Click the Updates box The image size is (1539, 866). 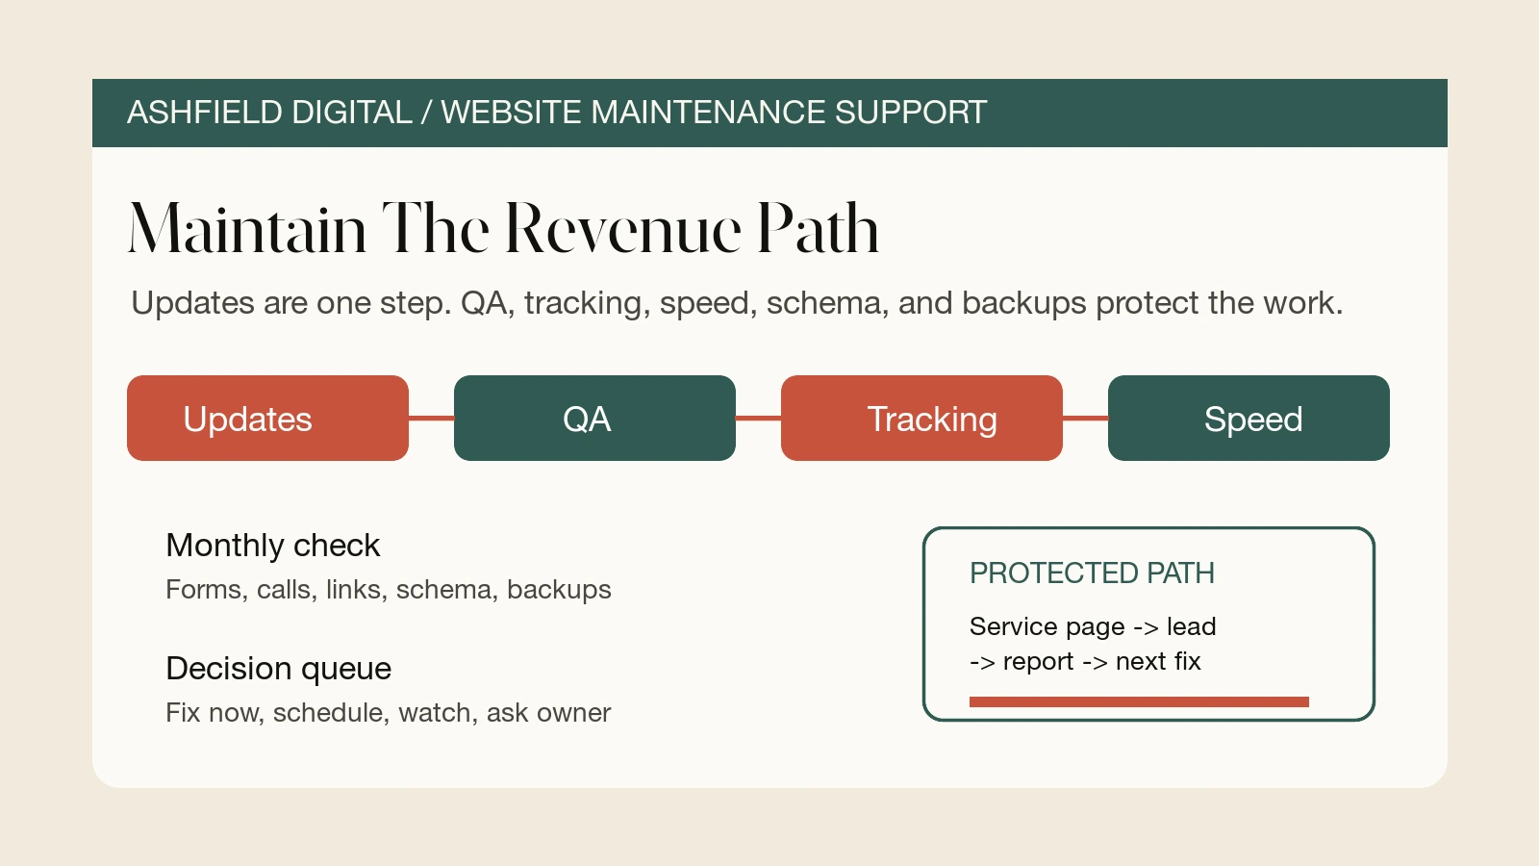(x=268, y=418)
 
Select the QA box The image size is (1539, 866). (x=595, y=418)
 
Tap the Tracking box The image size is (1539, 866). (x=922, y=418)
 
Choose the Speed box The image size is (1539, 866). (x=1249, y=418)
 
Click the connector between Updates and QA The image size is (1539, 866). (x=432, y=418)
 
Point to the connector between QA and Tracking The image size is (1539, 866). (x=759, y=418)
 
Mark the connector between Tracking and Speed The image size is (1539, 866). (x=1086, y=418)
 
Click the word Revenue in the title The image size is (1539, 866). (x=624, y=228)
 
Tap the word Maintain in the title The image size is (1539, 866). (x=247, y=228)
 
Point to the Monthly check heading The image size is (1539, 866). (x=273, y=546)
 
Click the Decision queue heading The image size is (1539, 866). (x=279, y=669)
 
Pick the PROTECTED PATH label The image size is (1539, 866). (x=1092, y=573)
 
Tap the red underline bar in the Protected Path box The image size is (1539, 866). (x=1139, y=701)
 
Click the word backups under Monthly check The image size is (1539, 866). (x=559, y=590)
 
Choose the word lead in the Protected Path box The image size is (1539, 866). (x=1192, y=626)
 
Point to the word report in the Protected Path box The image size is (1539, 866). (x=1038, y=662)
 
